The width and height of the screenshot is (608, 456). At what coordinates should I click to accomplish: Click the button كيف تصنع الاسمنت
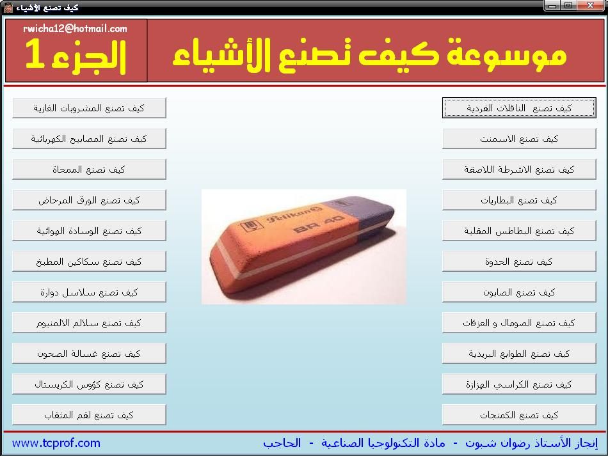click(519, 139)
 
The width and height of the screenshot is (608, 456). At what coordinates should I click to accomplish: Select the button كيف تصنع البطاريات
click(519, 200)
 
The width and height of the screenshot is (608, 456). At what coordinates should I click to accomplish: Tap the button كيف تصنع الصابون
click(519, 292)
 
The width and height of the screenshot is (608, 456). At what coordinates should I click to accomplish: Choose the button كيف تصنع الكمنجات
click(519, 415)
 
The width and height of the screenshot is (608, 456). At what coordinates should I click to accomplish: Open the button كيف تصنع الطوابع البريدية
click(519, 353)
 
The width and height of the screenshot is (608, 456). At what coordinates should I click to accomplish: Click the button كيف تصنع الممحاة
click(89, 169)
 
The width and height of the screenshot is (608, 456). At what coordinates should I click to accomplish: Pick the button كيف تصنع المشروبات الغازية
click(89, 107)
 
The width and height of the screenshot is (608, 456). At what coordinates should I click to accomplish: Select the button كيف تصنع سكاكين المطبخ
click(89, 262)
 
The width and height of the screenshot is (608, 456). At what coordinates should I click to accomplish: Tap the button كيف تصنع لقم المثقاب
click(89, 415)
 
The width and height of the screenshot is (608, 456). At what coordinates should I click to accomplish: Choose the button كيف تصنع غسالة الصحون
click(89, 353)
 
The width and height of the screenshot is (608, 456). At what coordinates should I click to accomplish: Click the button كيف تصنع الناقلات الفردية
click(519, 107)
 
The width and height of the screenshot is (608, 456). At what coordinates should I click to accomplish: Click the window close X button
click(590, 5)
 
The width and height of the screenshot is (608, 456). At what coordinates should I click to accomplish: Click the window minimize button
click(552, 5)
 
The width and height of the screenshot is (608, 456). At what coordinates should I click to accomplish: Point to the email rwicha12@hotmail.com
click(76, 28)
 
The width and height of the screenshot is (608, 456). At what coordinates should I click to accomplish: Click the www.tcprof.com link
click(56, 443)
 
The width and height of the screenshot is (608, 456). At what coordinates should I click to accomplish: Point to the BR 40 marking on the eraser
click(319, 224)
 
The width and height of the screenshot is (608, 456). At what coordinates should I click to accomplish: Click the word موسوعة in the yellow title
click(506, 52)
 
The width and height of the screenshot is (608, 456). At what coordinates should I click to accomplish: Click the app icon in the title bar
click(8, 8)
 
